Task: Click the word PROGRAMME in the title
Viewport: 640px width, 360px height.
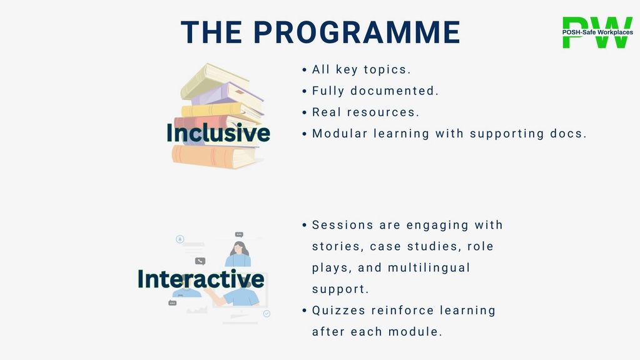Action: (x=357, y=32)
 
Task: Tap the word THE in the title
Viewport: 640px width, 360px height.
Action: (x=211, y=32)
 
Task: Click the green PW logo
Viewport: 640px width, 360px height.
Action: (x=597, y=33)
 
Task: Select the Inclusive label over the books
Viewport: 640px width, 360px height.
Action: (x=218, y=133)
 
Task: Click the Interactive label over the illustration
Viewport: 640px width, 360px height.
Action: (x=201, y=279)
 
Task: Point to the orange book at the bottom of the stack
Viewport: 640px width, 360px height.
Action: (x=215, y=157)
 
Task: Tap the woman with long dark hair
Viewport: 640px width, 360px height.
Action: (x=238, y=254)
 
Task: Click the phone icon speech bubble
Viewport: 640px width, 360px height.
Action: (x=200, y=261)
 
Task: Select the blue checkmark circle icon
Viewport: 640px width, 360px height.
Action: (x=267, y=314)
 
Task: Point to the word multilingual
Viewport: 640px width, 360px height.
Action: (x=429, y=267)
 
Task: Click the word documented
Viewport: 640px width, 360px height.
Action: (x=394, y=91)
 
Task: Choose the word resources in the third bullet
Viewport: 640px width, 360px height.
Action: (x=383, y=112)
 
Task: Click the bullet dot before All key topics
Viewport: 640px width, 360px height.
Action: (x=305, y=70)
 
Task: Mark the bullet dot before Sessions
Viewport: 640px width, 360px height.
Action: (x=305, y=225)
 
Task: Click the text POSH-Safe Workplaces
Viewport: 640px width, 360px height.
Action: (x=597, y=33)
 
